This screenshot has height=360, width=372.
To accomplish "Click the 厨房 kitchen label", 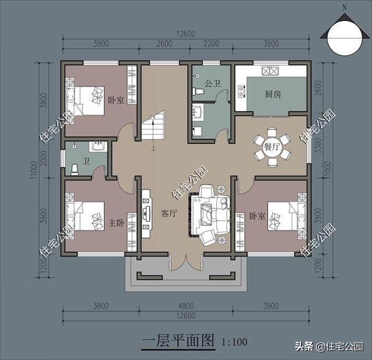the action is (x=273, y=94).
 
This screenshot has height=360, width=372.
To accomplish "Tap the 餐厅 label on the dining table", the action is (x=271, y=147).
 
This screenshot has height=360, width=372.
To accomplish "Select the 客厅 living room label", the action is (x=169, y=213).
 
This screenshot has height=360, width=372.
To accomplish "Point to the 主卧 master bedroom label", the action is (x=116, y=223).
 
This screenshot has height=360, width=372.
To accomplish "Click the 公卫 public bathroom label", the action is (x=212, y=84).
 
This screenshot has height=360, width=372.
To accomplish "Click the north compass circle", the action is (x=345, y=38).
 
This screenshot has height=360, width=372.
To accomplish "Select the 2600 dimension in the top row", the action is (x=164, y=44).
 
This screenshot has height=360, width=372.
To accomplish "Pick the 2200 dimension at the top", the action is (x=211, y=44).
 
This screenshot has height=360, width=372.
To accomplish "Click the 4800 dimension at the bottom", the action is (x=186, y=306).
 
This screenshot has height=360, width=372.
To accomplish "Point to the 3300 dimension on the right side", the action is (x=318, y=146).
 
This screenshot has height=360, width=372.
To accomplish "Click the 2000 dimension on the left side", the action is (x=44, y=159).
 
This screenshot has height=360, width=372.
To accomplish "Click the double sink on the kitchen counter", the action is (x=270, y=70).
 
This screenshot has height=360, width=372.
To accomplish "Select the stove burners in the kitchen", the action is (x=242, y=91).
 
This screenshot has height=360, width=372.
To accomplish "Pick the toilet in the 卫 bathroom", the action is (x=74, y=170).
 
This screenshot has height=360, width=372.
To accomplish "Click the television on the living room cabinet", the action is (x=145, y=213).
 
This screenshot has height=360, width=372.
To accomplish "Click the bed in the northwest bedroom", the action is (x=85, y=100).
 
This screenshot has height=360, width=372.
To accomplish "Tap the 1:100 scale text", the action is (x=234, y=342).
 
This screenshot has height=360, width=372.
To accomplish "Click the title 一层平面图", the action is (x=178, y=341).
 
